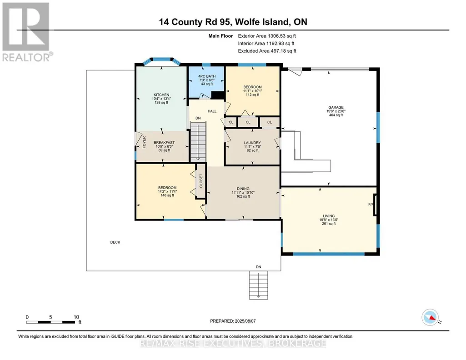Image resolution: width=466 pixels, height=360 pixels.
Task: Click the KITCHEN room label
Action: (161, 95)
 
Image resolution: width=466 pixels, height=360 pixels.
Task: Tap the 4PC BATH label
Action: (207, 76)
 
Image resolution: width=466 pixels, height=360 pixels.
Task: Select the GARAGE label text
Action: (336, 107)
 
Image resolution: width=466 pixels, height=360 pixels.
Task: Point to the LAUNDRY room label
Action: (252, 143)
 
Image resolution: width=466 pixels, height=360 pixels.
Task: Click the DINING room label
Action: (243, 189)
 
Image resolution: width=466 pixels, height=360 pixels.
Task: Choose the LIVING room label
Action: (329, 216)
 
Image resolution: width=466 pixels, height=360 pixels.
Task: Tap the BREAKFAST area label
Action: (164, 143)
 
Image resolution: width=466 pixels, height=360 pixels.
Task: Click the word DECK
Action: (115, 242)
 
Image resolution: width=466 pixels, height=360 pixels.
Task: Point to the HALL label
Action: (212, 111)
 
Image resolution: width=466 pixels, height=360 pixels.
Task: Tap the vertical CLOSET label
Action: (201, 181)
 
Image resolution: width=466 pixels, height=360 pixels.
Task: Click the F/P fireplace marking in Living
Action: (371, 205)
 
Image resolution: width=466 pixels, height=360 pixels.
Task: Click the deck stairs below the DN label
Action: (258, 284)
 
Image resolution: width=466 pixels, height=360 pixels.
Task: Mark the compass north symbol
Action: (430, 317)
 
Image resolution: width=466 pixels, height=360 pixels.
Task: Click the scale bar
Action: (50, 322)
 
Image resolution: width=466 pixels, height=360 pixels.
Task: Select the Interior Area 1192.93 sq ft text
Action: (266, 43)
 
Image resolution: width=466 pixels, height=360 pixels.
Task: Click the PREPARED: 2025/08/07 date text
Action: (233, 321)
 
